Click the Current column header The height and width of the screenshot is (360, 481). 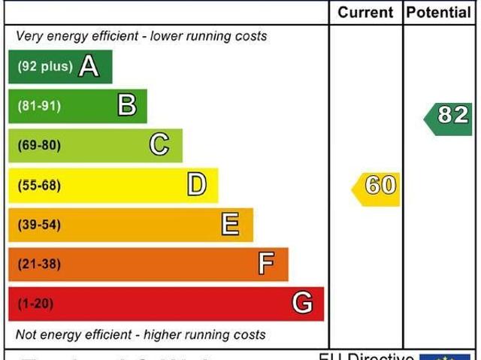[365, 13]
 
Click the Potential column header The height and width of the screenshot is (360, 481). [438, 13]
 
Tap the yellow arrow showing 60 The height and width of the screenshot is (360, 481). [377, 186]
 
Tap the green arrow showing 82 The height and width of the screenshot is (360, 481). [450, 115]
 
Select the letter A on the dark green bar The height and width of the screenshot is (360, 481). [89, 67]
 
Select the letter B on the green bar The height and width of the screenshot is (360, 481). [127, 106]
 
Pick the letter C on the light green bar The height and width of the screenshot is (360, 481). [159, 144]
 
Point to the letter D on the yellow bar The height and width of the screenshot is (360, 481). [196, 184]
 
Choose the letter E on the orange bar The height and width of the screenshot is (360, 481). [231, 224]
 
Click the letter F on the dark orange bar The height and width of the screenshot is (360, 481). [266, 264]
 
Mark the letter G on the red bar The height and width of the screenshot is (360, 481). [302, 304]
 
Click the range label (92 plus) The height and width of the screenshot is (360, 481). [44, 67]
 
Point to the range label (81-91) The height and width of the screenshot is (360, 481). [39, 106]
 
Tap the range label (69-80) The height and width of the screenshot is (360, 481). [39, 145]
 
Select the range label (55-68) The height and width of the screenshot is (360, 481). [39, 185]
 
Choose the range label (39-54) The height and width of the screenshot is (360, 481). [39, 225]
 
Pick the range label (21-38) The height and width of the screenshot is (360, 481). [39, 264]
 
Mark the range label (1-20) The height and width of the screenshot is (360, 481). [35, 304]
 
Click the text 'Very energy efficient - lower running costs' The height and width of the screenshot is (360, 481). [141, 36]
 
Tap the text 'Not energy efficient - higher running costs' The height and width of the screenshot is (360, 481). [141, 334]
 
